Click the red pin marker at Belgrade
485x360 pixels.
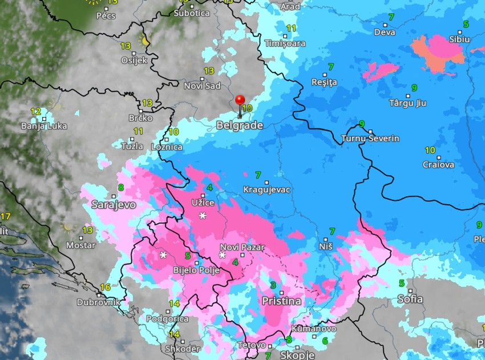pos(240,102)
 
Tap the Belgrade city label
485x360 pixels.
pos(240,126)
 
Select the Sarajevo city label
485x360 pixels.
pos(114,204)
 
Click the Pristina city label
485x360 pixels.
pos(281,301)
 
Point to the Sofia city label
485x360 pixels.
pos(410,299)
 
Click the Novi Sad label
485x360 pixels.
pos(202,86)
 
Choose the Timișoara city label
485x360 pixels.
pos(285,43)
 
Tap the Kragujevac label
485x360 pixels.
pos(266,189)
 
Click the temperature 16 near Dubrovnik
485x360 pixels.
pos(105,287)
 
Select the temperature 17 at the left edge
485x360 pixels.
pos(6,216)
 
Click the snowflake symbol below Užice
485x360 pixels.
pos(202,216)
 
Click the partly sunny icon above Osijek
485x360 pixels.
pos(144,41)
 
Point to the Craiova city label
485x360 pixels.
pos(438,164)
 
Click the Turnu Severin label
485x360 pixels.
pos(370,139)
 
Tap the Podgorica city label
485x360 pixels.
pos(168,319)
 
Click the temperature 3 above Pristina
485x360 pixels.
pos(273,285)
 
